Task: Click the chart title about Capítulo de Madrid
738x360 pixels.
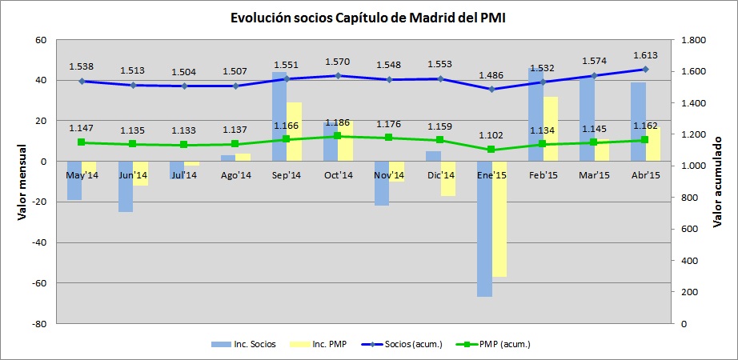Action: pos(368,17)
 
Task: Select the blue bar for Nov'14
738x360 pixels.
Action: pos(382,183)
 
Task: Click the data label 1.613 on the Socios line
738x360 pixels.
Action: pos(644,56)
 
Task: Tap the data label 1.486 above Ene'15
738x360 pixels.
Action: pos(491,75)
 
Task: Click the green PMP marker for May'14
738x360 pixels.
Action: pos(82,142)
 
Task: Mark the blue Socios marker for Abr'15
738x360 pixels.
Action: pos(644,70)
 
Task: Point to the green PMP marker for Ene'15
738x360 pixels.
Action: pos(491,150)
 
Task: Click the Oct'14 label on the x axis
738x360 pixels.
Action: pos(338,174)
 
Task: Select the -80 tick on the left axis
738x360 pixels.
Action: pos(38,324)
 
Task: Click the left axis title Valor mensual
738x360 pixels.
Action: pos(24,182)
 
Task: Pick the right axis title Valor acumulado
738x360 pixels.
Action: pos(717,182)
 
